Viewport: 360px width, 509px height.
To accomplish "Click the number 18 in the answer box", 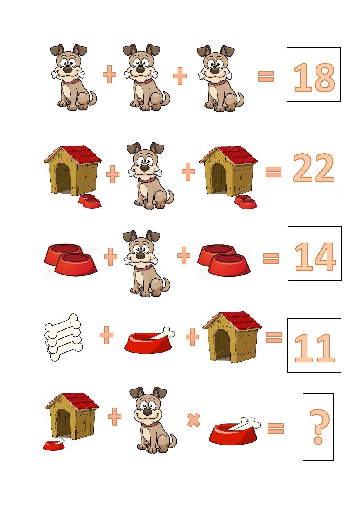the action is pyautogui.click(x=314, y=77).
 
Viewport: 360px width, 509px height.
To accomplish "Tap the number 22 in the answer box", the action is pyautogui.click(x=314, y=167).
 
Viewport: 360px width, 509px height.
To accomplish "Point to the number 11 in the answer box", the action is pyautogui.click(x=314, y=348).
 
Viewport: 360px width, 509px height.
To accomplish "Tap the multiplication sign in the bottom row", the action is pyautogui.click(x=194, y=420).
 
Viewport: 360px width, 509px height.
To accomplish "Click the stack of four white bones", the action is pyautogui.click(x=64, y=337).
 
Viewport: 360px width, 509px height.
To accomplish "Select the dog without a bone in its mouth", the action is pyautogui.click(x=153, y=420).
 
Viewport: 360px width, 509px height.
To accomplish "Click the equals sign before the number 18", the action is pyautogui.click(x=266, y=76).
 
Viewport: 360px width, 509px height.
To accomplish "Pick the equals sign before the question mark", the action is pyautogui.click(x=276, y=428).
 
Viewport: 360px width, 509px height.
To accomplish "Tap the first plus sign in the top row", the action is pyautogui.click(x=109, y=74).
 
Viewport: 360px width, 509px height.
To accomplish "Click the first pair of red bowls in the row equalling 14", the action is pyautogui.click(x=71, y=260).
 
